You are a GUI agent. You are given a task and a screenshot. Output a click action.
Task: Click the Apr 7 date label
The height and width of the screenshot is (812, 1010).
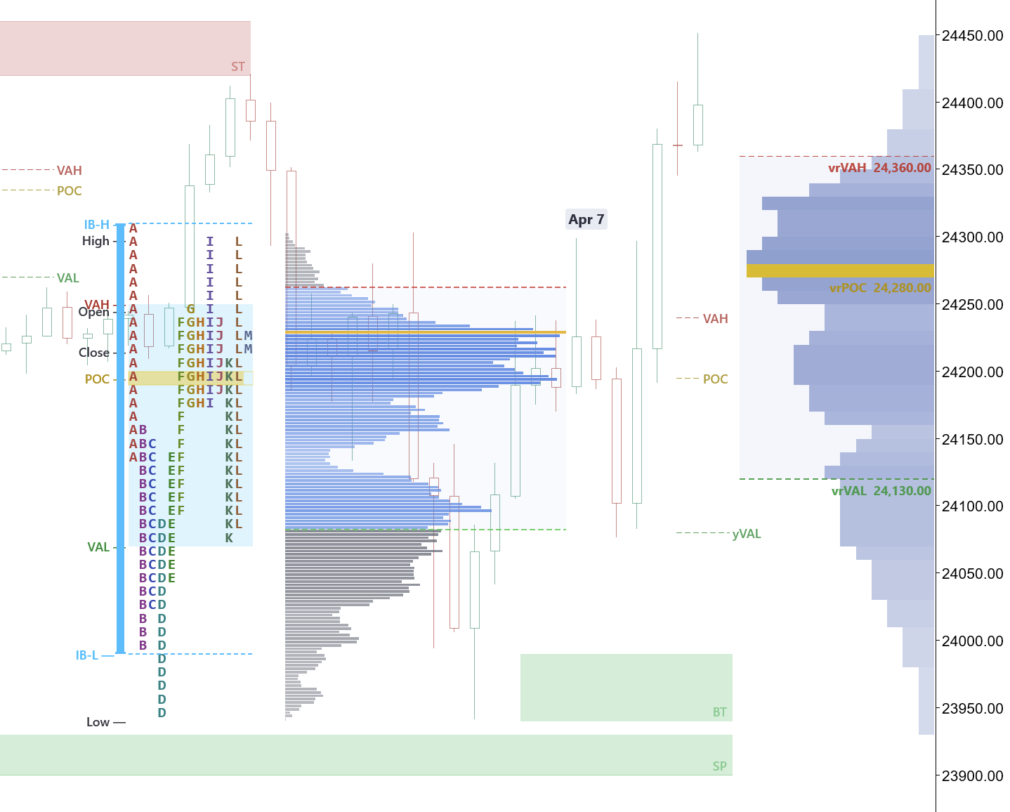coord(586,220)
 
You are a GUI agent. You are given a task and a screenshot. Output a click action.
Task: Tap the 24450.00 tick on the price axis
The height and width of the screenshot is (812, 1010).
coord(972,36)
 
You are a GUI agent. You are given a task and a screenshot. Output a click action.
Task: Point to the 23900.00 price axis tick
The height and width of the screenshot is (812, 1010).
coord(972,776)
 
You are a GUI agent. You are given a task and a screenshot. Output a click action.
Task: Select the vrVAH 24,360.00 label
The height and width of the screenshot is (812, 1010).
coord(879,168)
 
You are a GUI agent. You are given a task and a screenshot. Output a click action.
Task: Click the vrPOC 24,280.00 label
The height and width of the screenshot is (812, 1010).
coord(879,288)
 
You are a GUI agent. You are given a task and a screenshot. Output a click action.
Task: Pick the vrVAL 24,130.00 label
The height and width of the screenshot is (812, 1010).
coord(881,491)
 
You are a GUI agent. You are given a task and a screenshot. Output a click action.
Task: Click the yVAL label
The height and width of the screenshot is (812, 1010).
coord(746,534)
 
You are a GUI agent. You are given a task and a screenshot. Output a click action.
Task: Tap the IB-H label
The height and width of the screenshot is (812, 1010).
coord(96,225)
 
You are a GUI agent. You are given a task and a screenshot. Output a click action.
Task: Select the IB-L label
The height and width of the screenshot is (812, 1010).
coord(87,655)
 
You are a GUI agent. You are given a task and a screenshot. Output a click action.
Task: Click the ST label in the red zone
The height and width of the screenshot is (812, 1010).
coord(238,67)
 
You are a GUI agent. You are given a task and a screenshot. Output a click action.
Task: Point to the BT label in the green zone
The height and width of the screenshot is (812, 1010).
coord(719,712)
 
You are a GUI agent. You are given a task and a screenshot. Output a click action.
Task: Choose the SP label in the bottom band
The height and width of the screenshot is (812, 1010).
coord(719,766)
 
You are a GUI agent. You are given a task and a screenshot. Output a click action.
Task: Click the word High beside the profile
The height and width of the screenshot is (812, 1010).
coord(96,241)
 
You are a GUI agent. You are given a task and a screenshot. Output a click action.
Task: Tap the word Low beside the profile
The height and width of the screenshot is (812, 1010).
coord(98,722)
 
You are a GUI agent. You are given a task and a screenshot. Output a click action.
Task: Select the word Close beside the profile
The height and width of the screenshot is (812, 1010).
coord(93,353)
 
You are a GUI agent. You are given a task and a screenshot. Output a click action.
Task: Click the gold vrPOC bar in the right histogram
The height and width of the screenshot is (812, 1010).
coord(839,271)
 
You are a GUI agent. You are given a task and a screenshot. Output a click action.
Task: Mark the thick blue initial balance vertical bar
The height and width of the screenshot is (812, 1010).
coord(121,439)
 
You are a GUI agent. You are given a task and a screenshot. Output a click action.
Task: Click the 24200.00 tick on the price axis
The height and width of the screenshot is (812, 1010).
coord(972,372)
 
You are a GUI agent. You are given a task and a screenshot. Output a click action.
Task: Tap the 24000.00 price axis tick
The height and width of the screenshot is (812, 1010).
coord(972,641)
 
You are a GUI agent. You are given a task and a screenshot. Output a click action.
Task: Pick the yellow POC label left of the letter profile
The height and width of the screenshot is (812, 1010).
coord(97,379)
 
